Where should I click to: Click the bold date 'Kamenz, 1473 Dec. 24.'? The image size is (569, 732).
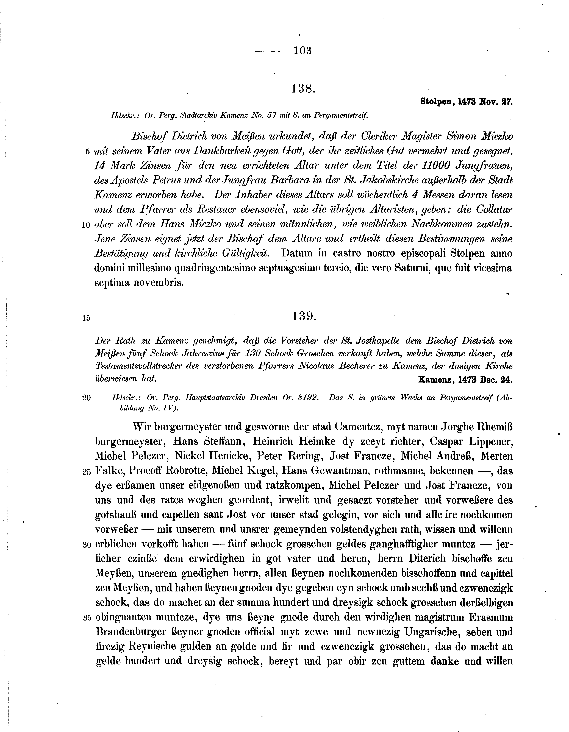[x=465, y=380]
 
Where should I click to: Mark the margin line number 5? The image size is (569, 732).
[x=88, y=152]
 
